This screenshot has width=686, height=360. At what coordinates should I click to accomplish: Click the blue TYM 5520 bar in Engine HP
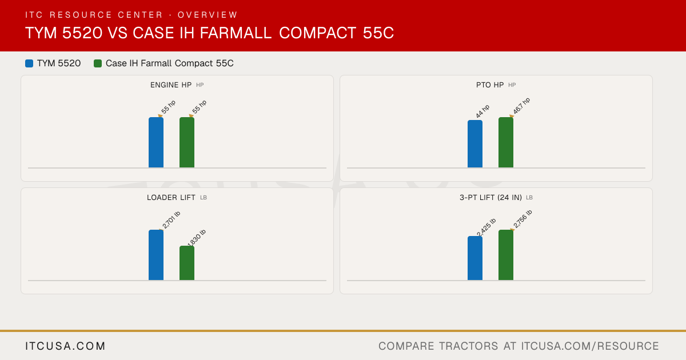(x=156, y=142)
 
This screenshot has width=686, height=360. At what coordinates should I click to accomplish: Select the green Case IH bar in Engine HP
(x=187, y=142)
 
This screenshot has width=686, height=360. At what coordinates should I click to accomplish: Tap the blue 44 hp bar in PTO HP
(x=475, y=144)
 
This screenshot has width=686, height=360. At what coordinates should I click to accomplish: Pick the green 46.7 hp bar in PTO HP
(x=506, y=142)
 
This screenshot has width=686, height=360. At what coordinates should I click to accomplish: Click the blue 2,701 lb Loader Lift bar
(x=156, y=255)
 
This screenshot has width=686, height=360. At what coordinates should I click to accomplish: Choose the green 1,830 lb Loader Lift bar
(x=187, y=263)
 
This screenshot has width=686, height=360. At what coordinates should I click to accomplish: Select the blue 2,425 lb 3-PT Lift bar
(x=475, y=258)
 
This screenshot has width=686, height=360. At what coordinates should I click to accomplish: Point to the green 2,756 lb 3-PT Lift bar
(x=506, y=255)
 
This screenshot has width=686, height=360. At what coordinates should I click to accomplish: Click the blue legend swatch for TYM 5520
(x=29, y=63)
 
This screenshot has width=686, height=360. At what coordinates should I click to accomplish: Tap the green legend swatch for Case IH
(x=98, y=63)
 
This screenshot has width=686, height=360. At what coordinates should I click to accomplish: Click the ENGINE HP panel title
(x=171, y=85)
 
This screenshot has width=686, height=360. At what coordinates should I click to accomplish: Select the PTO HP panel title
(x=490, y=85)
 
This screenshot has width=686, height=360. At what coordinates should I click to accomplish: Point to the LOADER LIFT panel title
(x=171, y=198)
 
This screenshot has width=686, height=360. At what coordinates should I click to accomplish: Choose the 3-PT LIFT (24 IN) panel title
(x=490, y=198)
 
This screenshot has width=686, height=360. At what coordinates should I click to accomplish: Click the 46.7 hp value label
(x=521, y=106)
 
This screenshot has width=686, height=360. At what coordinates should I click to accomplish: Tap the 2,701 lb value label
(x=171, y=220)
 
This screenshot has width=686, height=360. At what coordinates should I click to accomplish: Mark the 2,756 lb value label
(x=523, y=219)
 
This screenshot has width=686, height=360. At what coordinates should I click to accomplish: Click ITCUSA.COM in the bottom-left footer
(x=65, y=346)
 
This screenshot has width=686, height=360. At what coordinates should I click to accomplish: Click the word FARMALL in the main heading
(x=236, y=33)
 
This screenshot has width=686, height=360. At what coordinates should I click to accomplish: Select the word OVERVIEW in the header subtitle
(x=208, y=15)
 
